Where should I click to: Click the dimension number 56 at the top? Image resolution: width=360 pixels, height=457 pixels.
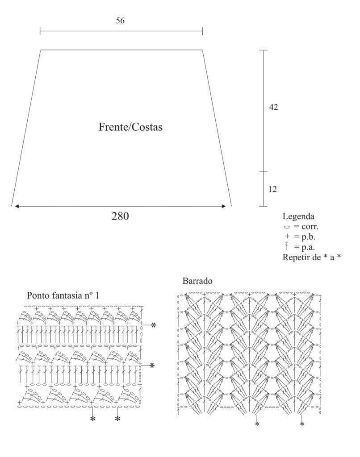tap(120, 21)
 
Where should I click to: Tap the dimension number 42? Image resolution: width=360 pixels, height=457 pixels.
tap(273, 107)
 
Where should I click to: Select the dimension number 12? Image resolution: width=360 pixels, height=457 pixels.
tap(272, 189)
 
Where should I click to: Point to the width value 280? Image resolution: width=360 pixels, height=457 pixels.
tap(120, 216)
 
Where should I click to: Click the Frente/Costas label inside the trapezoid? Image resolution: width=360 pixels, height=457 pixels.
tap(130, 127)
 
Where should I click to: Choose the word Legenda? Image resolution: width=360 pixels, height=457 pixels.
tap(298, 216)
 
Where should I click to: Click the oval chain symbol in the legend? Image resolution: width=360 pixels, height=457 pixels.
tap(287, 227)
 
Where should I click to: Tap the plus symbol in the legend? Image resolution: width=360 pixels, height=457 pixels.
tap(287, 237)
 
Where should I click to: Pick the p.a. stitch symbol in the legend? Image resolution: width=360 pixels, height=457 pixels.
tap(287, 246)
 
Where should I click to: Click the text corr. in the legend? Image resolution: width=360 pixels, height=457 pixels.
tap(310, 226)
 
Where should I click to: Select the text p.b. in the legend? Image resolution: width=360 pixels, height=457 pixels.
tap(308, 237)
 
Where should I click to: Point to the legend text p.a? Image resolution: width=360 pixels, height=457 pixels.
tap(308, 247)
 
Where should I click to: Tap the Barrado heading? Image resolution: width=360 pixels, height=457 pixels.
tap(197, 281)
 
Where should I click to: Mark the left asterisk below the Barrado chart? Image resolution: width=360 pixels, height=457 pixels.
tap(257, 424)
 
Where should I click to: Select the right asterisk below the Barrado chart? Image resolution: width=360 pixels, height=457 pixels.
tap(302, 424)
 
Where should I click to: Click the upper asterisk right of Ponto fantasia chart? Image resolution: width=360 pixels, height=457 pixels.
tap(154, 325)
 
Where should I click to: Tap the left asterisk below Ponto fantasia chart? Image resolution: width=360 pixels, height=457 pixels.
tap(93, 419)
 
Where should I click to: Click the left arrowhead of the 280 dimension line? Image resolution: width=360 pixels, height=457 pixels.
tap(17, 206)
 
